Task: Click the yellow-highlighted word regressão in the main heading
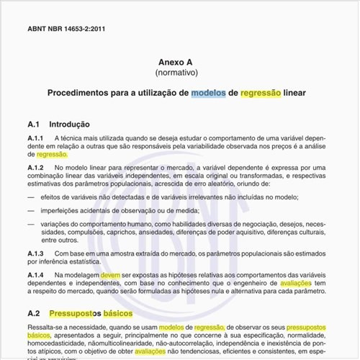pyautogui.click(x=261, y=93)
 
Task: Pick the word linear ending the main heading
pyautogui.click(x=295, y=93)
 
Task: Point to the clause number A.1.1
pyautogui.click(x=36, y=138)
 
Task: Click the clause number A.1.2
pyautogui.click(x=36, y=167)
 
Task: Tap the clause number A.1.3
pyautogui.click(x=36, y=253)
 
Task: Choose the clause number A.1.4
pyautogui.click(x=36, y=274)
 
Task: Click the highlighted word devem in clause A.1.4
pyautogui.click(x=110, y=274)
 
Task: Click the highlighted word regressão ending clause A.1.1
pyautogui.click(x=52, y=154)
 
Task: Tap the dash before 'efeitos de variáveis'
pyautogui.click(x=30, y=196)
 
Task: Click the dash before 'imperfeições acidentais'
pyautogui.click(x=30, y=210)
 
